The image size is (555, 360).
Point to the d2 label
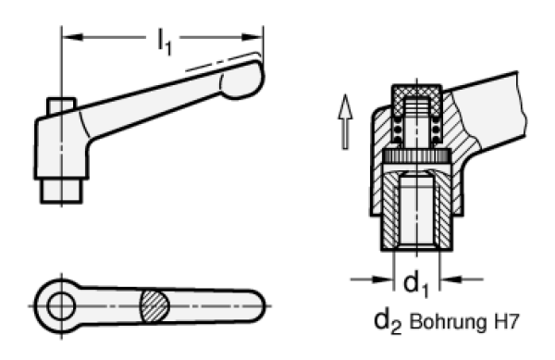click(x=385, y=325)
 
